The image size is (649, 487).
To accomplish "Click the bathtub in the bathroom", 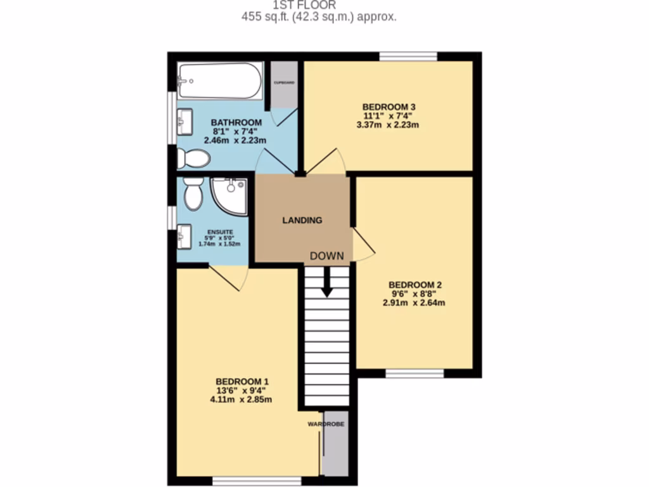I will [x=219, y=80].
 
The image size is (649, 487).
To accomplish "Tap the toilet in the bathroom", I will [x=193, y=159].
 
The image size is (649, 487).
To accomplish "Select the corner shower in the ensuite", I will [x=230, y=195].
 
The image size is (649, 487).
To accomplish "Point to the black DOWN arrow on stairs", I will [x=327, y=283].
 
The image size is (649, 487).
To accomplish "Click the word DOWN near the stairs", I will [x=327, y=256].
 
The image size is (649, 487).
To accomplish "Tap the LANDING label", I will [x=302, y=221].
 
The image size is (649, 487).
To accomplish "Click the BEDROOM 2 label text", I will [x=415, y=285].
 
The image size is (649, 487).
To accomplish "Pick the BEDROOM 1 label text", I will [x=243, y=381].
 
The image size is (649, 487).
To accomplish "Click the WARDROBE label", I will [x=326, y=424].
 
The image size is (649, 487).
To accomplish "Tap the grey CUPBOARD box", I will [x=285, y=84].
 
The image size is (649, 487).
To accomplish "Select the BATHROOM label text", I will [x=236, y=122].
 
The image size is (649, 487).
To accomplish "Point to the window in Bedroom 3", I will [x=409, y=57].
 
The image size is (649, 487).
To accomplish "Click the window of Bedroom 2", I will [x=414, y=373].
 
